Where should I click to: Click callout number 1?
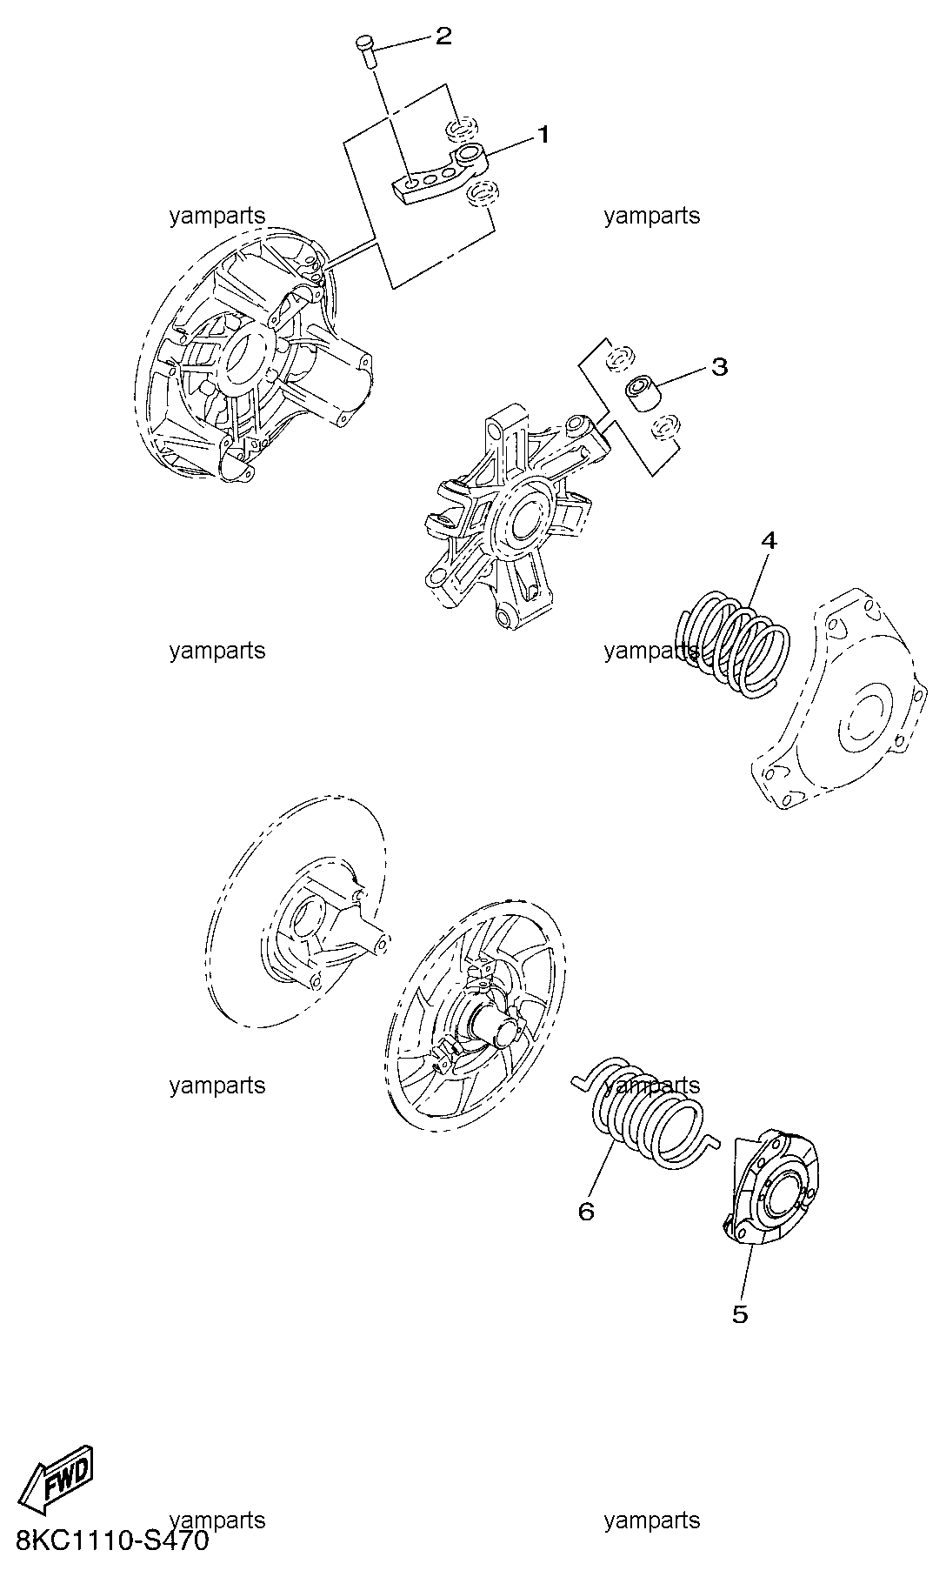pos(543,135)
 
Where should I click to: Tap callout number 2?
pos(443,36)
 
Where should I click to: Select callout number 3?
pos(719,366)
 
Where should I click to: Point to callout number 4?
pos(768,540)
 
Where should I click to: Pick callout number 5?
pos(740,1313)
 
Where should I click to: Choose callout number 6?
pos(586,1211)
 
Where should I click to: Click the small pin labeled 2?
pos(365,50)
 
